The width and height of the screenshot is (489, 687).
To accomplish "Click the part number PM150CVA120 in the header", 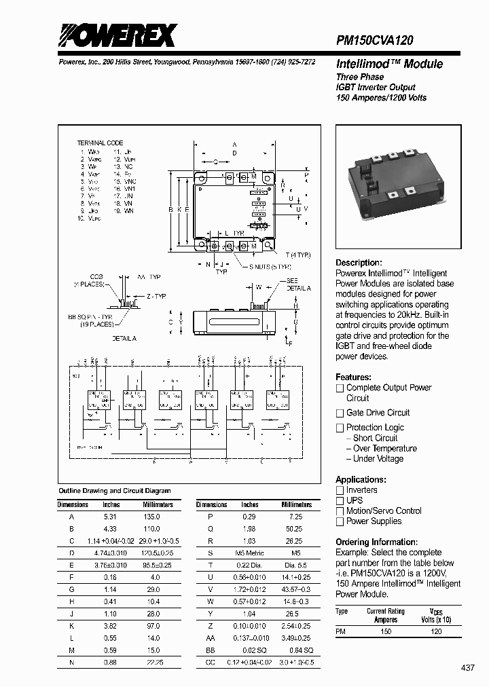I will coord(375,41).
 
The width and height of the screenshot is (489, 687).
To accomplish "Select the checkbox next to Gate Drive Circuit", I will coord(340,413).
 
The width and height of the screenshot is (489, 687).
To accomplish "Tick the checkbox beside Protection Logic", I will coord(340,428).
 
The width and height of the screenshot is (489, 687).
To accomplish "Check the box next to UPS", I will coord(340,500).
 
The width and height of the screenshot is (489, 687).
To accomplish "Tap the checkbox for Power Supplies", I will coord(340,521).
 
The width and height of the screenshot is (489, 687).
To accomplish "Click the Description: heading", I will coord(359,263).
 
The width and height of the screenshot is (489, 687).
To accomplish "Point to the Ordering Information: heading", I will coord(376,542).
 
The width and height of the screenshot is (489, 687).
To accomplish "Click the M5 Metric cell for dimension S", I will coord(250,553).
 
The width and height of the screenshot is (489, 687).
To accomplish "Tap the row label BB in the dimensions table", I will coord(211,651).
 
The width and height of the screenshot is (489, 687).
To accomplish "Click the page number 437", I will coord(468,668).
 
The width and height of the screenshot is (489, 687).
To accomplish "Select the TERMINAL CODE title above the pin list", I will coord(100,143).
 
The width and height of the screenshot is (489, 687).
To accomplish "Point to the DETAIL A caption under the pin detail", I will coord(124,338).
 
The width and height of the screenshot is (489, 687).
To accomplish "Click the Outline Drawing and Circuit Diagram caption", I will coord(115,490).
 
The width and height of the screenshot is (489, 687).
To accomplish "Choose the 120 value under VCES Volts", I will coord(436,631).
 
